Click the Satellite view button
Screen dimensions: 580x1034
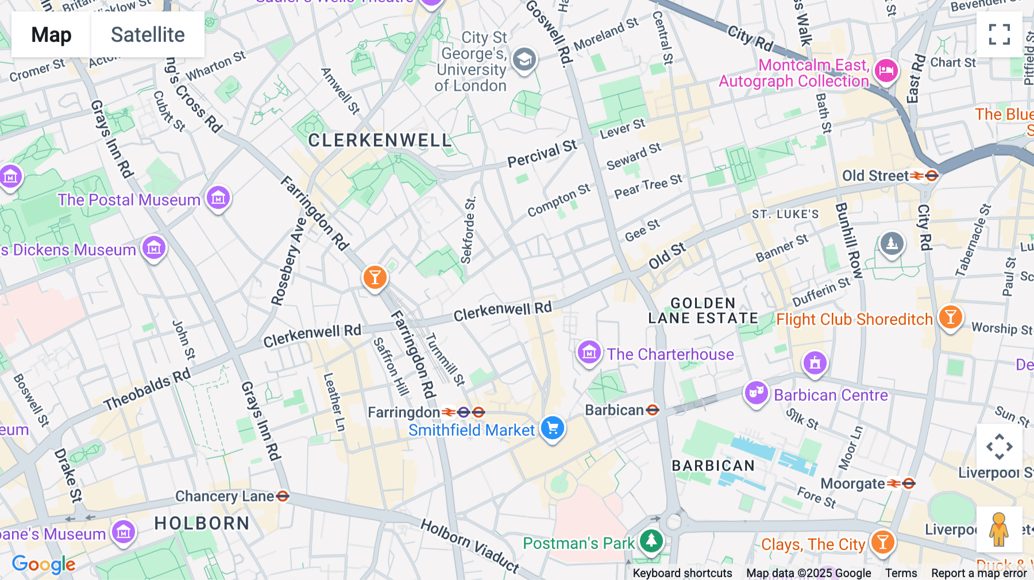click(148, 35)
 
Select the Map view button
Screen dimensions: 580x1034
click(51, 35)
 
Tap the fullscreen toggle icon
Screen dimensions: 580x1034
click(999, 34)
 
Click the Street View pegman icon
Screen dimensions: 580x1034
click(999, 529)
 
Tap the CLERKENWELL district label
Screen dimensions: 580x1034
click(380, 140)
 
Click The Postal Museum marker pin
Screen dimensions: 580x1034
click(218, 199)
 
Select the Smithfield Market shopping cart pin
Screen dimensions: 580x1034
click(553, 428)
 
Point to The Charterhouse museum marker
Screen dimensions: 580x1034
click(589, 353)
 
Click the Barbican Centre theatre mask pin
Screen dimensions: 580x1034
click(757, 394)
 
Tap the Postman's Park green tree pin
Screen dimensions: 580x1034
click(651, 540)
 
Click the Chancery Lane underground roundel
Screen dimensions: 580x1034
click(283, 496)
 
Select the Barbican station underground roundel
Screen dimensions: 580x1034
click(653, 410)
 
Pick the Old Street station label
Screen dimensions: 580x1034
click(875, 176)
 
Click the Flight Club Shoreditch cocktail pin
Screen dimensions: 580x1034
click(950, 317)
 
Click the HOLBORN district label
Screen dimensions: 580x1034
click(202, 523)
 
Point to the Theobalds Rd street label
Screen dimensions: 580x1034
click(147, 390)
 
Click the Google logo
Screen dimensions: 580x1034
click(44, 564)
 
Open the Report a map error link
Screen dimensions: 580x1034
click(979, 573)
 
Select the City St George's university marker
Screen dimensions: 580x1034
click(524, 60)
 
